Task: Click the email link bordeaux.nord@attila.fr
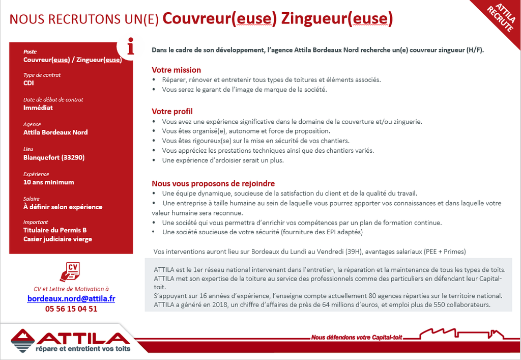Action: [x=71, y=298]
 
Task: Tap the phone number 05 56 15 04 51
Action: [x=71, y=309]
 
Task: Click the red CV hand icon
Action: [x=70, y=272]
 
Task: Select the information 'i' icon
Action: [x=130, y=48]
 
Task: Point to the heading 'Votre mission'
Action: [x=176, y=70]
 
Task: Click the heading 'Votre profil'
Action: [x=172, y=111]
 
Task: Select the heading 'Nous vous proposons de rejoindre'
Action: [x=213, y=183]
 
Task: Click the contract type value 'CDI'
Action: [x=28, y=83]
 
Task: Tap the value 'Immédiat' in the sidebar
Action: [x=38, y=107]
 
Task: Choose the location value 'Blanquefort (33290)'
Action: [x=54, y=157]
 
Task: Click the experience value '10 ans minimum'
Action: [x=49, y=182]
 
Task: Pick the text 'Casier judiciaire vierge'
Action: [x=57, y=239]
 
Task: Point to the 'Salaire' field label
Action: [x=31, y=199]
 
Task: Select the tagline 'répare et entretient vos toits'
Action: [x=82, y=349]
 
